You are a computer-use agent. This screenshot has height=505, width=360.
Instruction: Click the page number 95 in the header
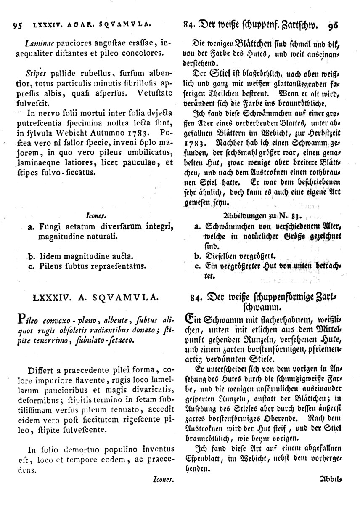[17, 25]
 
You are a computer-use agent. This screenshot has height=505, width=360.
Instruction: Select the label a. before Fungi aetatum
[30, 228]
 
